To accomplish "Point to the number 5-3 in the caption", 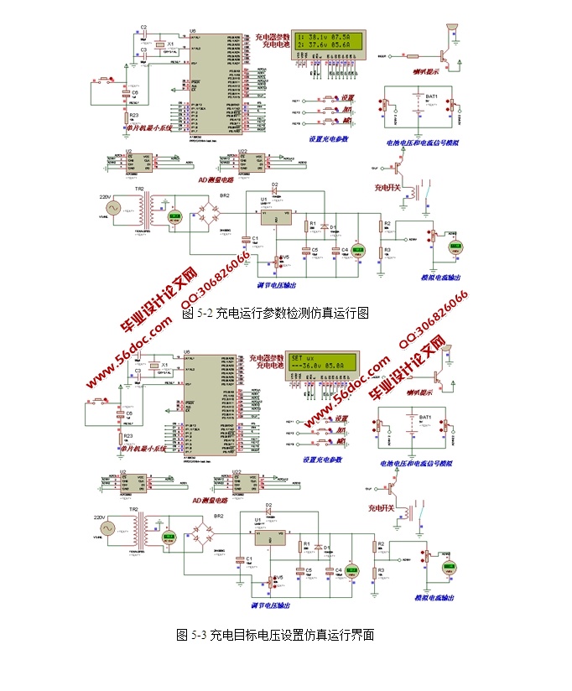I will pyautogui.click(x=198, y=635).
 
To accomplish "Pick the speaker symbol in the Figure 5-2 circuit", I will pyautogui.click(x=453, y=31).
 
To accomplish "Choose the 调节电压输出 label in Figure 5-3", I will pyautogui.click(x=270, y=604).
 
